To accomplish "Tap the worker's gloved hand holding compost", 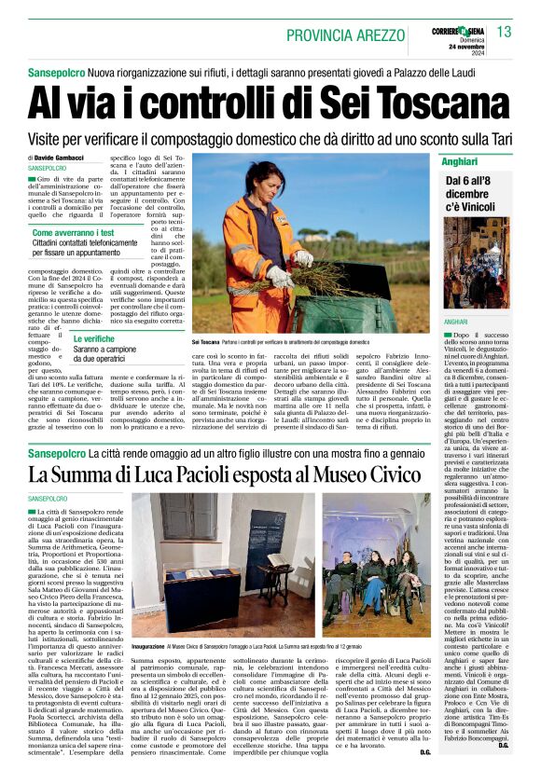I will click(x=277, y=276).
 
